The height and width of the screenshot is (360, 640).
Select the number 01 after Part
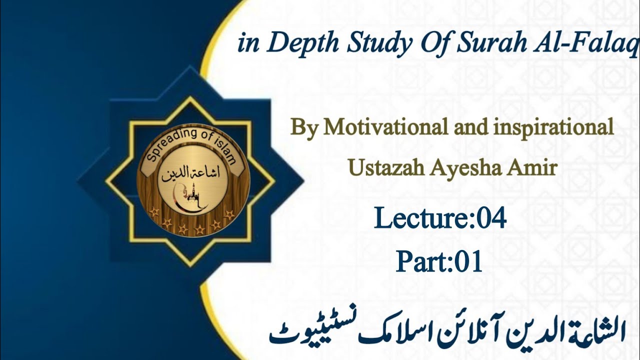468,261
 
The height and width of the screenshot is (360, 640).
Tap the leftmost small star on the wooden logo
154,212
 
